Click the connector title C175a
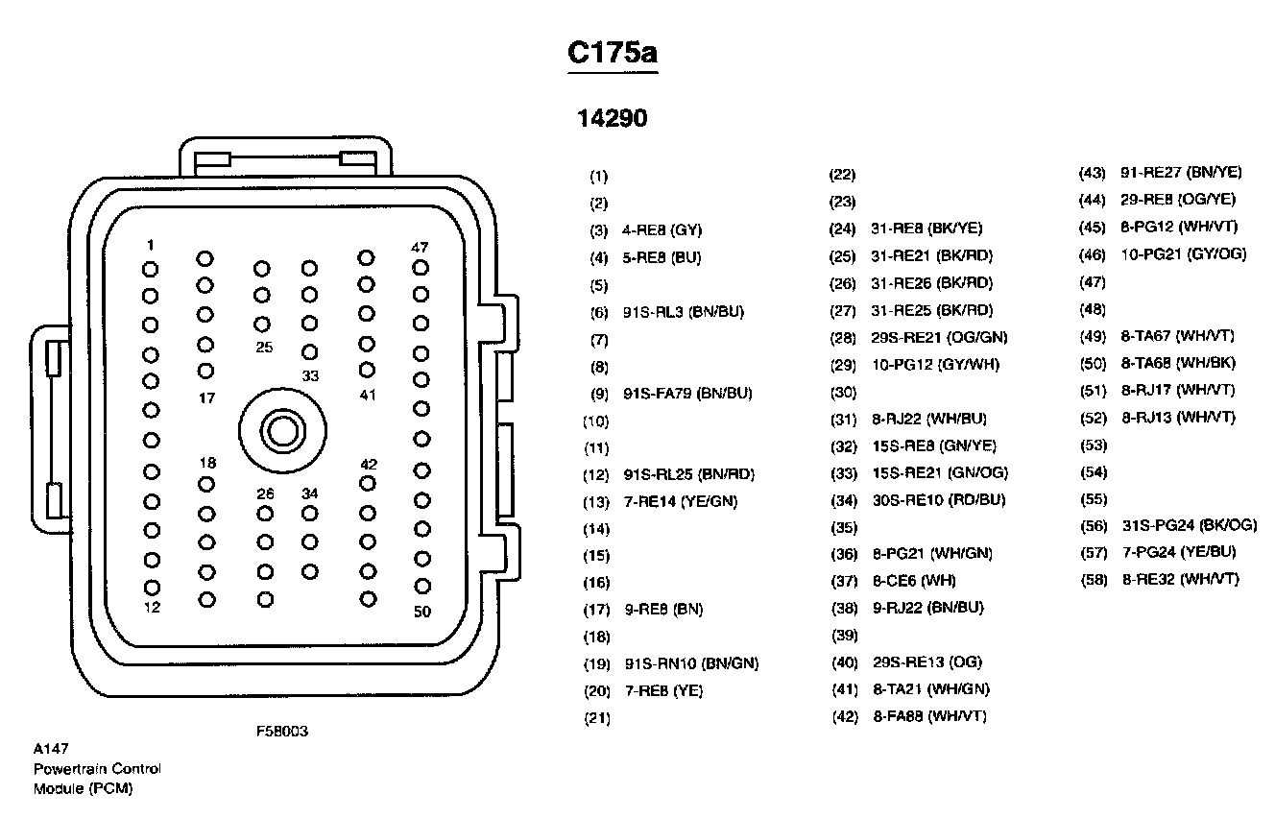[x=613, y=53]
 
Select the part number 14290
[x=612, y=118]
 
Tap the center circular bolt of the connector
[x=282, y=431]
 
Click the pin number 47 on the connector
[x=420, y=247]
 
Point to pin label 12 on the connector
[x=152, y=608]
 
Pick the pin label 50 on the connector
[x=422, y=612]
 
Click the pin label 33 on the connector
[x=310, y=375]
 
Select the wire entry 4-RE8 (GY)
[x=662, y=230]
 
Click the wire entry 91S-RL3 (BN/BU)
[x=683, y=312]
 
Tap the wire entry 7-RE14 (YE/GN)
[x=681, y=501]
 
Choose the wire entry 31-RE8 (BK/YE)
[x=926, y=229]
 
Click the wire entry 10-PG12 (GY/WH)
[x=936, y=364]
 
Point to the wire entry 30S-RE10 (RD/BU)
[x=939, y=500]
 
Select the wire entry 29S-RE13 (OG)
[x=927, y=662]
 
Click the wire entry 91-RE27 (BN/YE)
[x=1181, y=172]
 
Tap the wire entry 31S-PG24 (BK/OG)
[x=1190, y=525]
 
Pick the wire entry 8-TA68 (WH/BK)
[x=1178, y=363]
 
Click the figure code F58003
[x=282, y=731]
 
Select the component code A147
[x=51, y=749]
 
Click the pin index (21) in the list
[x=597, y=718]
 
